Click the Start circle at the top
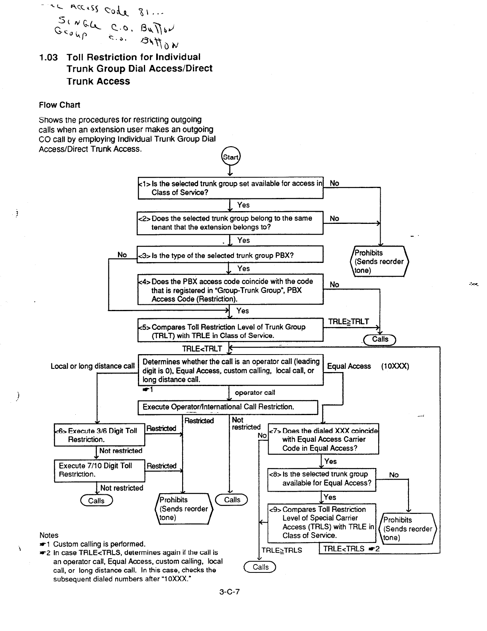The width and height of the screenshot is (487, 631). pyautogui.click(x=230, y=157)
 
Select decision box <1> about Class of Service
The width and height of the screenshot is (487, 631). pyautogui.click(x=230, y=188)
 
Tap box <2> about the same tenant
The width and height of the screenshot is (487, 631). pyautogui.click(x=230, y=223)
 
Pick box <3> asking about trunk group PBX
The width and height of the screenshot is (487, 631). pyautogui.click(x=230, y=255)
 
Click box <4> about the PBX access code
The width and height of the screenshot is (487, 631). pyautogui.click(x=230, y=290)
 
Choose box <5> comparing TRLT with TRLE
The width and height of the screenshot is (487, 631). pyautogui.click(x=230, y=330)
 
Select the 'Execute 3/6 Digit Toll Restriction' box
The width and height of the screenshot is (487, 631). pyautogui.click(x=99, y=435)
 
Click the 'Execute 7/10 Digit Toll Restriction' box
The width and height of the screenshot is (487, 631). pyautogui.click(x=99, y=470)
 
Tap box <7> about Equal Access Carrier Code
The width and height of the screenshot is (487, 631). pyautogui.click(x=323, y=439)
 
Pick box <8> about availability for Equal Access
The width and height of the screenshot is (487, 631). pyautogui.click(x=322, y=478)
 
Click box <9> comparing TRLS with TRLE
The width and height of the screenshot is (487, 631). pyautogui.click(x=322, y=522)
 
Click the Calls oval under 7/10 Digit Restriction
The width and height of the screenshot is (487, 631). pyautogui.click(x=96, y=501)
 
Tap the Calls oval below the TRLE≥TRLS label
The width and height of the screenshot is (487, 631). pyautogui.click(x=261, y=567)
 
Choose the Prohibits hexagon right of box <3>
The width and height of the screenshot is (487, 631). pyautogui.click(x=379, y=262)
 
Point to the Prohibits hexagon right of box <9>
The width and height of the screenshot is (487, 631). pyautogui.click(x=408, y=529)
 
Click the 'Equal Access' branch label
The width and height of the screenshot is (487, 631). pyautogui.click(x=349, y=366)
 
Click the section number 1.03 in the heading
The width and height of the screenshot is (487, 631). pyautogui.click(x=48, y=57)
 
